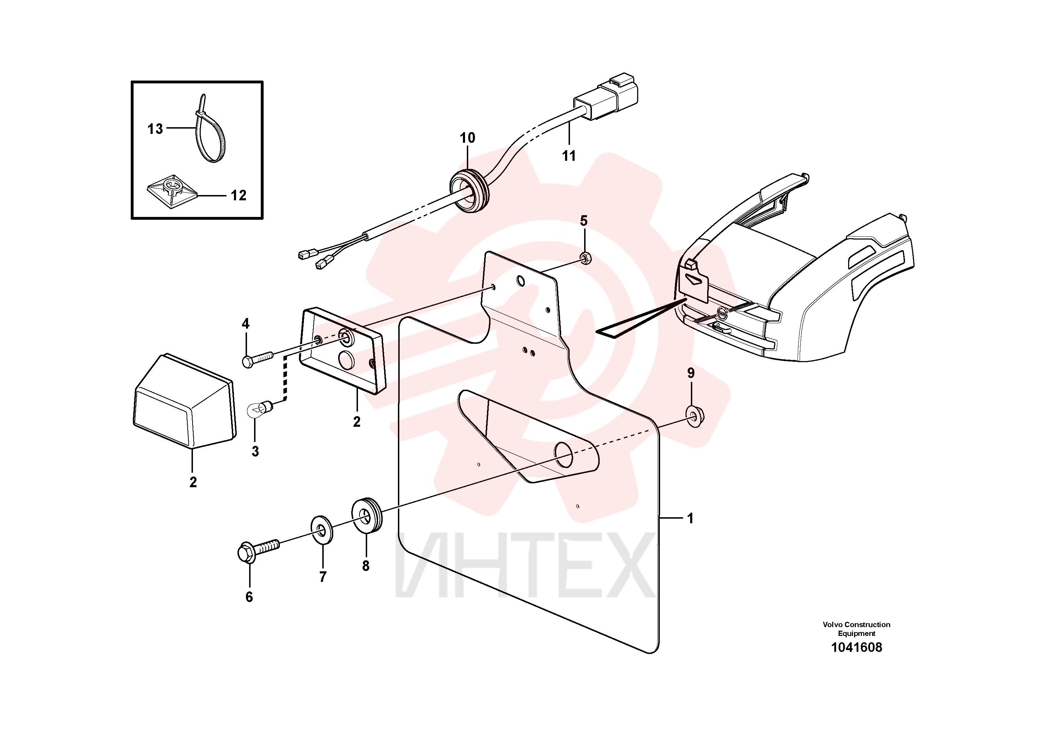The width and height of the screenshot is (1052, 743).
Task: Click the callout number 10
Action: (468, 137)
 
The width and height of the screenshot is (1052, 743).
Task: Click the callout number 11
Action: (569, 156)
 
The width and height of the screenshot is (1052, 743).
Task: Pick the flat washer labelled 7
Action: (323, 530)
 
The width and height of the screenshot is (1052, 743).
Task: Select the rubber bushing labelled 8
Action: (366, 514)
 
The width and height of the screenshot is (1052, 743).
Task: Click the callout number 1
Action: (690, 519)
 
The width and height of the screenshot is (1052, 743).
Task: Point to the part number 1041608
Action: (856, 647)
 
